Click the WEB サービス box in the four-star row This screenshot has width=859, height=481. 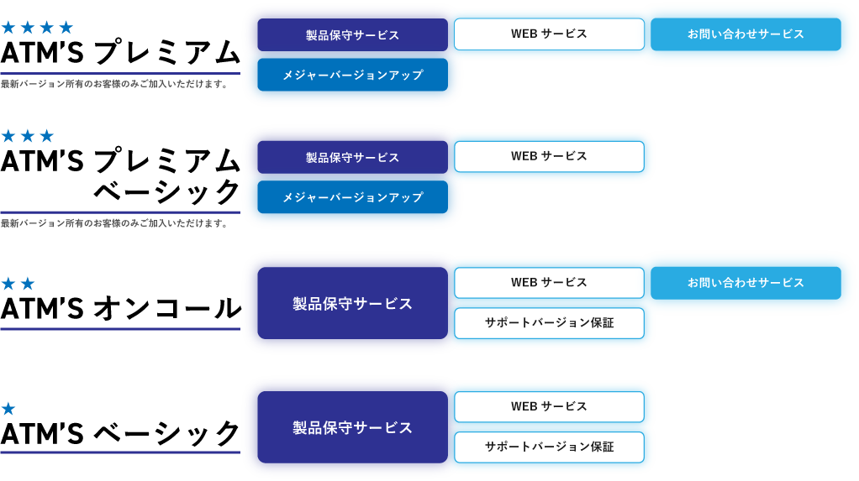click(549, 34)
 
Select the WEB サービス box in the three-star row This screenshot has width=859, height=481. click(549, 156)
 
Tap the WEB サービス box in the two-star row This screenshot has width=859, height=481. click(549, 283)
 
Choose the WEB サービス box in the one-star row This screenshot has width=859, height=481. click(549, 406)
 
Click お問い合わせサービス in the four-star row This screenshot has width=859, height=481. click(746, 34)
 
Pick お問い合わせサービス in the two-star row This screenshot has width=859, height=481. click(746, 283)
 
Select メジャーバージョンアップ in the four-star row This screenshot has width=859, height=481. click(352, 76)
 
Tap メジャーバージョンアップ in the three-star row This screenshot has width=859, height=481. click(352, 198)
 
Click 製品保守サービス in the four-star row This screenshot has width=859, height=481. click(352, 35)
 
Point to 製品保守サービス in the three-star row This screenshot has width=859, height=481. click(352, 158)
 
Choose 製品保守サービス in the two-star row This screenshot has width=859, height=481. click(352, 304)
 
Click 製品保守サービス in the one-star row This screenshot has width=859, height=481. click(352, 428)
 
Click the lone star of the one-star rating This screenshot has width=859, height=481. click(8, 410)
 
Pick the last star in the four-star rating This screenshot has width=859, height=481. click(66, 28)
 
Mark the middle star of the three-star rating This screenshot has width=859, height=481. click(28, 136)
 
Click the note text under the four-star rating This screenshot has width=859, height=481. click(114, 85)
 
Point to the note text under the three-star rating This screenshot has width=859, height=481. click(114, 224)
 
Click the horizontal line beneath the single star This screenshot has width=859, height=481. click(120, 452)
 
